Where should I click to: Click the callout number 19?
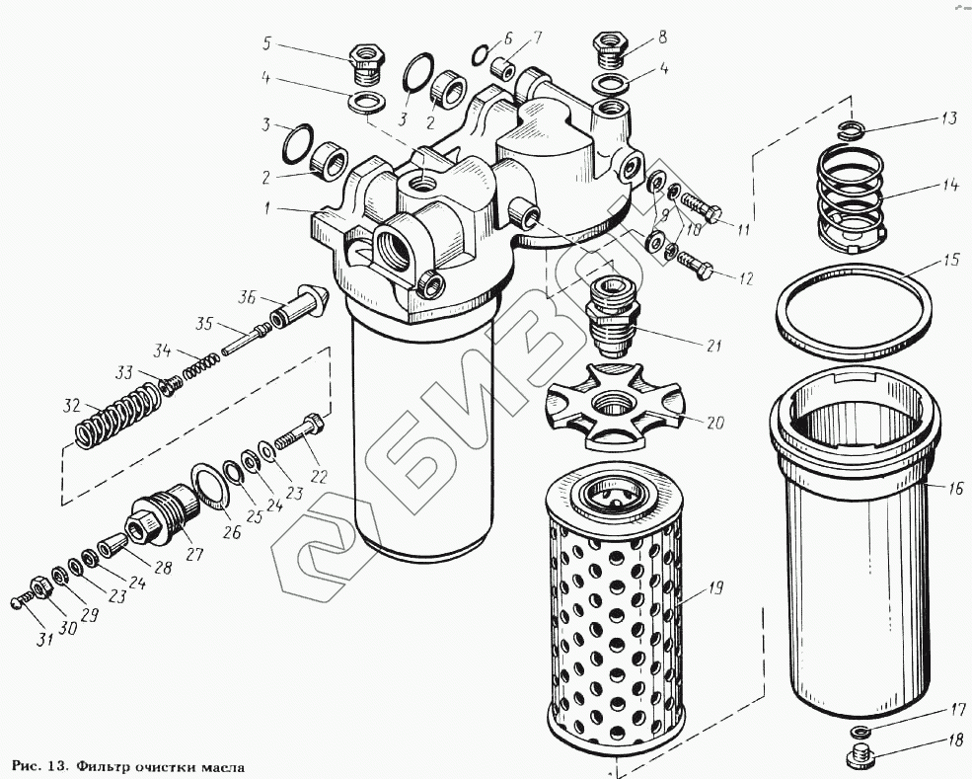tap(715, 588)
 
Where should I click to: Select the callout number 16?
tap(955, 488)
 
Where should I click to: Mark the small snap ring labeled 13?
tap(851, 127)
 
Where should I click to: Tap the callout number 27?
tap(193, 555)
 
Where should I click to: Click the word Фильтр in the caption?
tap(104, 766)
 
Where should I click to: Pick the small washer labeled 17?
tap(860, 732)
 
